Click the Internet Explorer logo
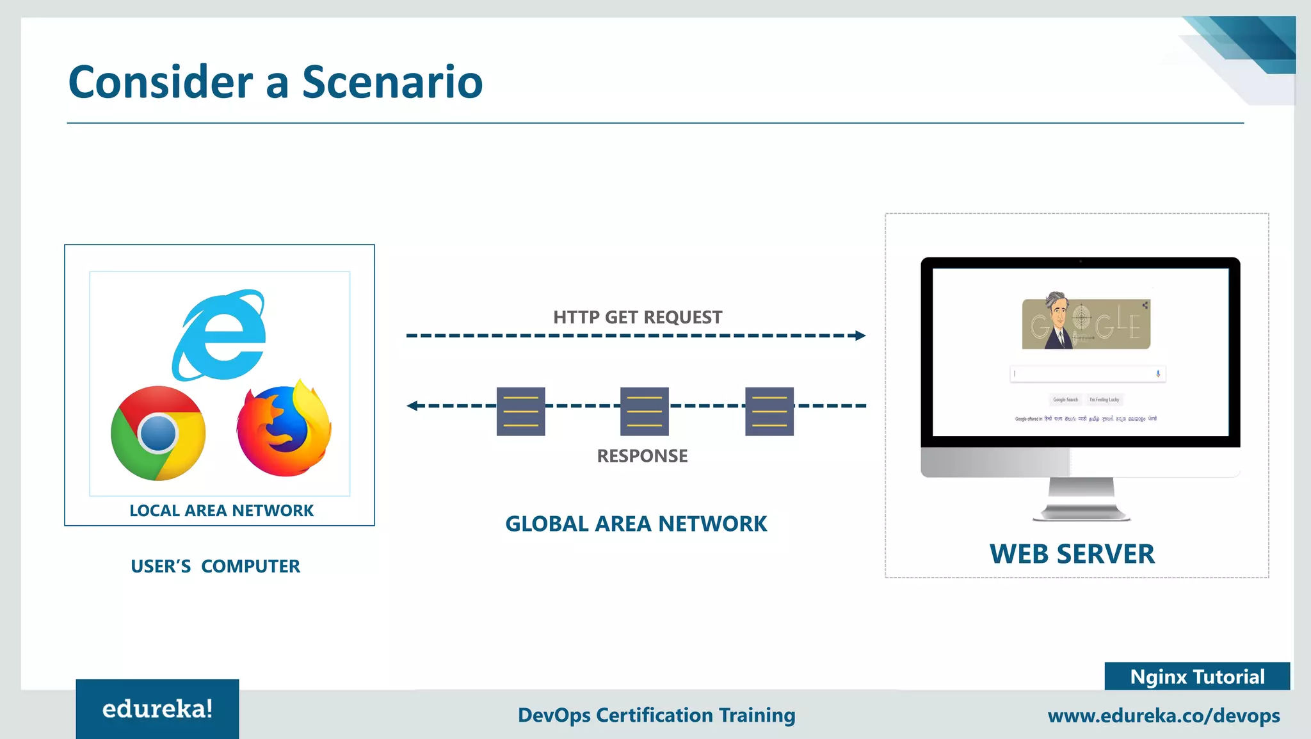[x=219, y=335]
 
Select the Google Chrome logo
[x=158, y=433]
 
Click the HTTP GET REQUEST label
[x=637, y=317]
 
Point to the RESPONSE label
[x=642, y=456]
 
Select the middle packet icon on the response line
[x=645, y=411]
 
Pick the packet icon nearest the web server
[x=769, y=411]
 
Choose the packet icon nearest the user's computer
[x=520, y=411]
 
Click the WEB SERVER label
[x=1072, y=554]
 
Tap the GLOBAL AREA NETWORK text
[x=636, y=524]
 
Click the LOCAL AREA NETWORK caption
[x=221, y=510]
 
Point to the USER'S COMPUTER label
[x=215, y=566]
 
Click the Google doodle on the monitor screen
[x=1086, y=323]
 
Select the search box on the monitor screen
[x=1087, y=374]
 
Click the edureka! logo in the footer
[x=157, y=709]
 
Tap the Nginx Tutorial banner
[x=1197, y=677]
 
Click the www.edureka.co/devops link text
[x=1164, y=715]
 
